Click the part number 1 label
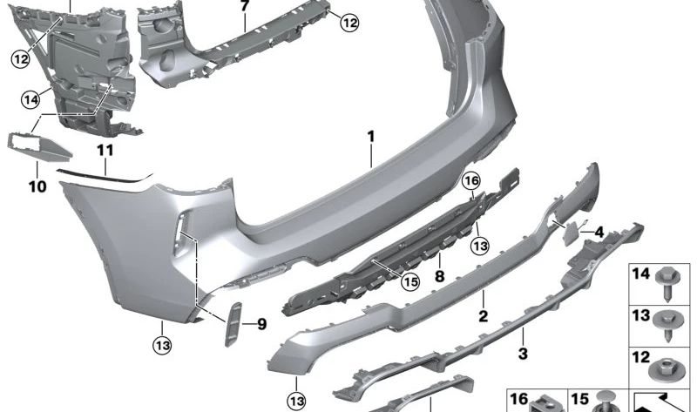coord(370,136)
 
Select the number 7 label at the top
coord(245,6)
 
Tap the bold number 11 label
coord(105,150)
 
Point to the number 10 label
coord(37,186)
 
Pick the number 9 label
coord(261,325)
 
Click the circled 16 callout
coord(471,180)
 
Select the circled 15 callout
coord(409,280)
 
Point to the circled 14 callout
coord(31,100)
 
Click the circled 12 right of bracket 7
coord(348,24)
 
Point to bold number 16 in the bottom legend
coord(519,399)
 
